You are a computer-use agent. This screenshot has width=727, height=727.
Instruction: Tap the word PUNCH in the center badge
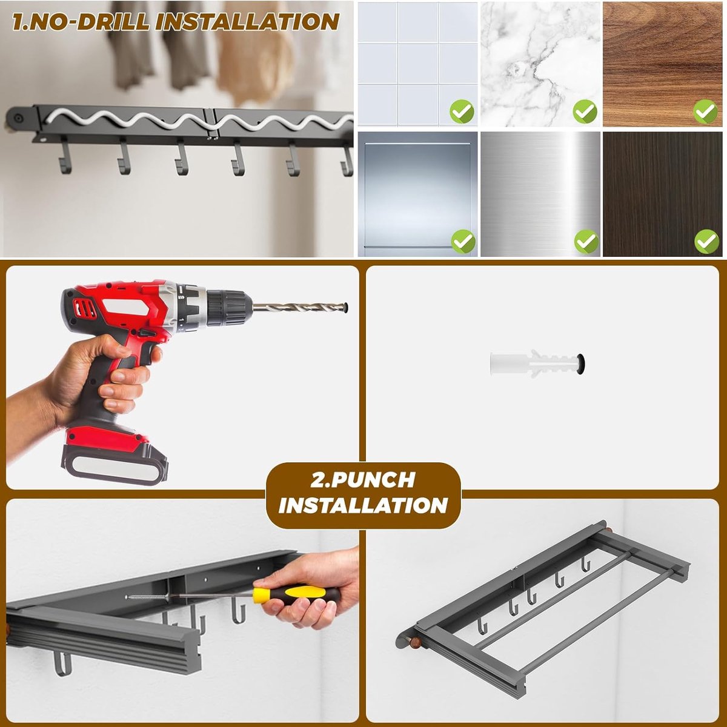pos(362,480)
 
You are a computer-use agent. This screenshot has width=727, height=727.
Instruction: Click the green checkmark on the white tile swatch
pos(462,111)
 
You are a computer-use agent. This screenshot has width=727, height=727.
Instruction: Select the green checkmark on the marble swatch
pos(585,111)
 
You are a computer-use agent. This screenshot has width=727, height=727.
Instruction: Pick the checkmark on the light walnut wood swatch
pos(706,111)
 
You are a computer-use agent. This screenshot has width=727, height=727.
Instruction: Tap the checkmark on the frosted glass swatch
pos(463,241)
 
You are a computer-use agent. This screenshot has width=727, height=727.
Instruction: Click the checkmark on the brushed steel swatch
pos(586,241)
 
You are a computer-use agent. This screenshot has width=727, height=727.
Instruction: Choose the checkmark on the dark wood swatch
pos(707,241)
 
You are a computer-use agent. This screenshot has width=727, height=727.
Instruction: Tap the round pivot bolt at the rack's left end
pos(17,118)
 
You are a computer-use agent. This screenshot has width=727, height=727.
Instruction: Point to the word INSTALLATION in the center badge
pos(362,505)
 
